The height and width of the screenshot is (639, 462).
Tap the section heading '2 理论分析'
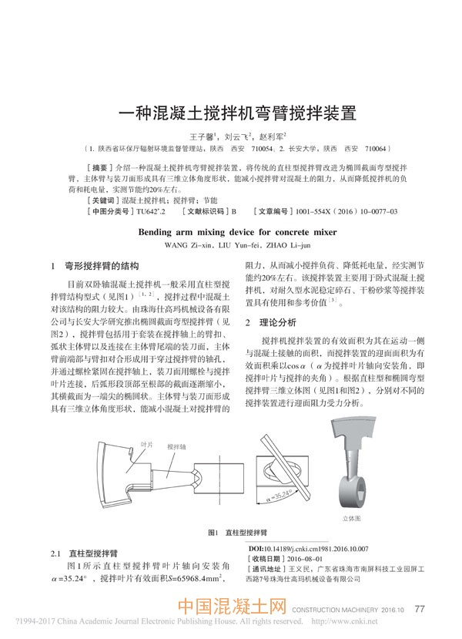pyautogui.click(x=270, y=321)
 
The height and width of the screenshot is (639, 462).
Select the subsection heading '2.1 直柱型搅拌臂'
pyautogui.click(x=84, y=553)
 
